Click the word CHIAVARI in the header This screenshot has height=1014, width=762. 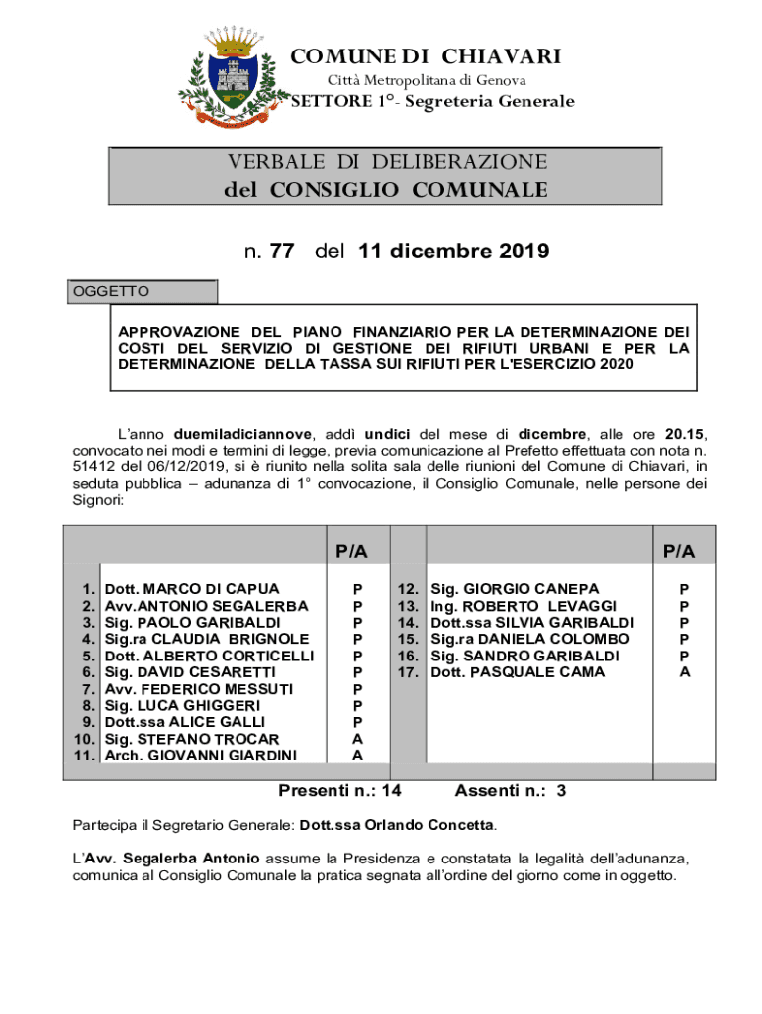pyautogui.click(x=501, y=56)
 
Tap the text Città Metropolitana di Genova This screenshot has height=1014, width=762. pyautogui.click(x=426, y=80)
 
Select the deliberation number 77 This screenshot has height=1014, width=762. pyautogui.click(x=281, y=252)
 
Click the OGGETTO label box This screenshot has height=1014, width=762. pyautogui.click(x=143, y=292)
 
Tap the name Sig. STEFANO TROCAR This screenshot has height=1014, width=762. pyautogui.click(x=192, y=739)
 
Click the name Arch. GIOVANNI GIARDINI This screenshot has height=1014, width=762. pyautogui.click(x=201, y=756)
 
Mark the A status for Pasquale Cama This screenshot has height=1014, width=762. pyautogui.click(x=684, y=672)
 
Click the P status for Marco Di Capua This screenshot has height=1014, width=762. pyautogui.click(x=357, y=589)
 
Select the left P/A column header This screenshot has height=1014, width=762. pyautogui.click(x=351, y=551)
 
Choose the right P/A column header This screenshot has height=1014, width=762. pyautogui.click(x=679, y=551)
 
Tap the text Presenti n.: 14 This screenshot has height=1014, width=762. pyautogui.click(x=339, y=791)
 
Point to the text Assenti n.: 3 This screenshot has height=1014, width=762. pyautogui.click(x=511, y=791)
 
